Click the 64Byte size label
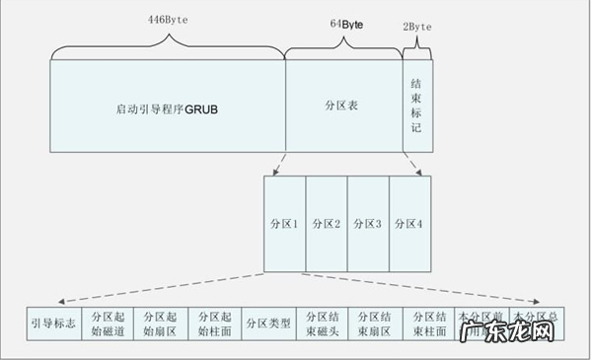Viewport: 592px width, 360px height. click(343, 23)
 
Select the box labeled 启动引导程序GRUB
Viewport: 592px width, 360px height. click(166, 106)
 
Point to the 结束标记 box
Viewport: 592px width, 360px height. click(416, 106)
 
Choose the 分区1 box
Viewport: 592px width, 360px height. click(284, 224)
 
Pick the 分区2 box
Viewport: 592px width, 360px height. click(327, 224)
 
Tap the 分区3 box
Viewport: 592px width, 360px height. click(368, 224)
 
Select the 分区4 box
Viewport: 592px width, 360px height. click(410, 224)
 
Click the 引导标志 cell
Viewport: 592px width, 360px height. click(53, 324)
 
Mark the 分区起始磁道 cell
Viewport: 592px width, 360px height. click(106, 324)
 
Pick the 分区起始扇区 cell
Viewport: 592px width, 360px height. click(160, 324)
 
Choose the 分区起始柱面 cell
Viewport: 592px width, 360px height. click(213, 324)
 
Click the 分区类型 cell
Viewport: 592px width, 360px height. click(267, 324)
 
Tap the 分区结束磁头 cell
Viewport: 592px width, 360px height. click(321, 324)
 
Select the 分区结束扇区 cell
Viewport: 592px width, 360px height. click(375, 324)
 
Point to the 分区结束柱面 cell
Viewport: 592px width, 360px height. click(429, 324)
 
